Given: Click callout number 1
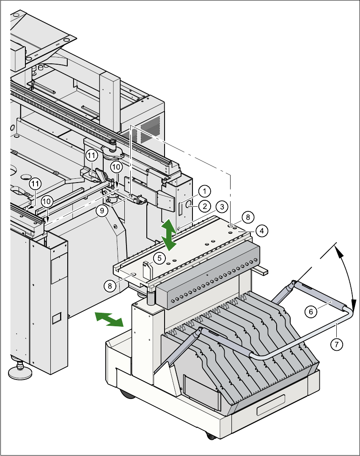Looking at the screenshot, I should click(x=204, y=191).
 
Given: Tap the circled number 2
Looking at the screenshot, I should click(x=204, y=206).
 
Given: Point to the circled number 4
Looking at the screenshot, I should click(x=262, y=231).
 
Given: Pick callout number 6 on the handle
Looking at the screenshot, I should click(x=311, y=311).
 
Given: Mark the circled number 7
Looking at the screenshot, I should click(x=337, y=344).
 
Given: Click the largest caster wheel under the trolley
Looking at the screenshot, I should click(x=126, y=395).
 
